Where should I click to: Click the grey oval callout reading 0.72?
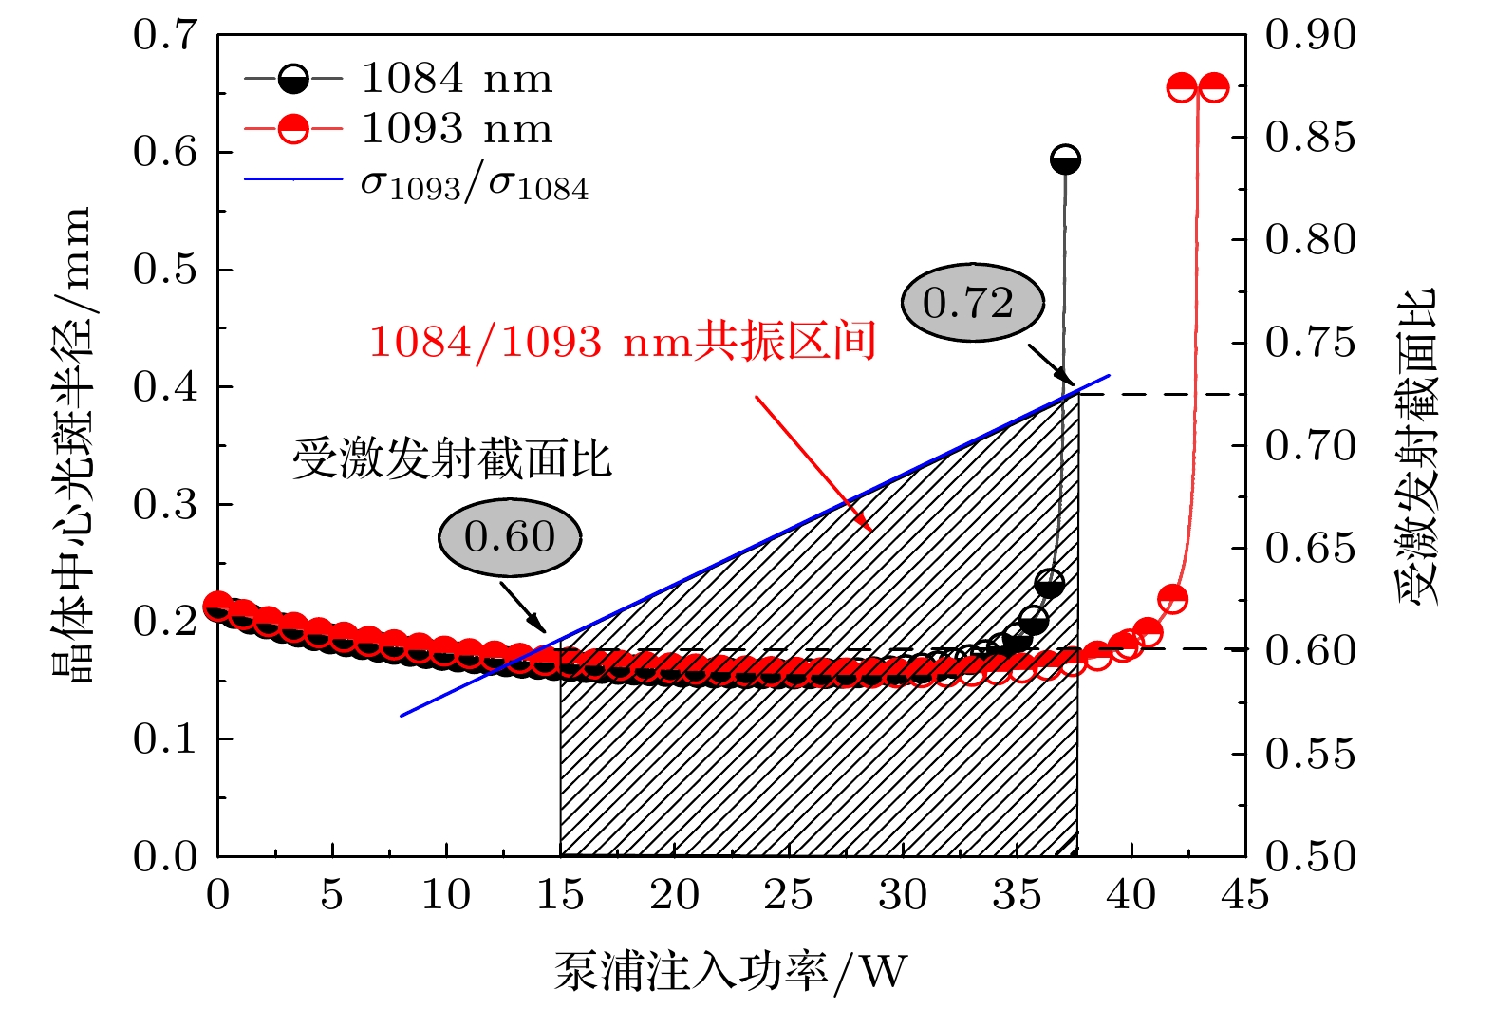coord(972,303)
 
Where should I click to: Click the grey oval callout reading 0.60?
coord(510,537)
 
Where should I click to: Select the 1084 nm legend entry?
coord(457,79)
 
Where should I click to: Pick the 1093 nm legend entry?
coord(457,129)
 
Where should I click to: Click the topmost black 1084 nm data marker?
coord(1065,159)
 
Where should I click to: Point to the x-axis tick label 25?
coord(788,895)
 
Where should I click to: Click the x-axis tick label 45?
coord(1244,895)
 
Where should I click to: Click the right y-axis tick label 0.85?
coord(1311,138)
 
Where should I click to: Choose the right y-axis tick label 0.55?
coord(1311,754)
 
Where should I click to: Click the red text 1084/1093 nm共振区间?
coord(622,342)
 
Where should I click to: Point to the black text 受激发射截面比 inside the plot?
coord(452,459)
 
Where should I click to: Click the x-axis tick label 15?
coord(560,895)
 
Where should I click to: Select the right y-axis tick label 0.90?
coord(1311,35)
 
